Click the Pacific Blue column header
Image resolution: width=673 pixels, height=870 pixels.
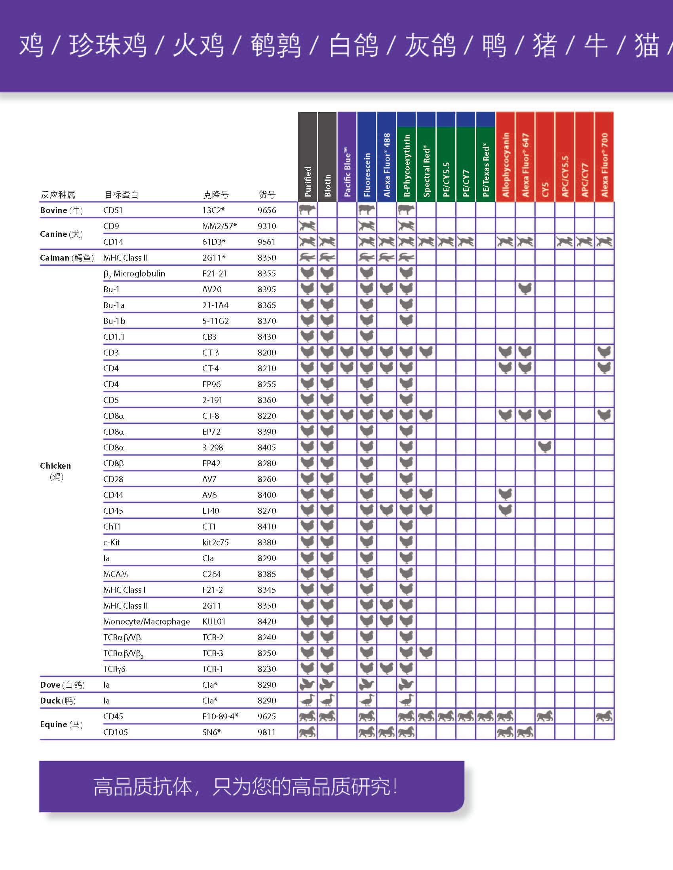(x=347, y=157)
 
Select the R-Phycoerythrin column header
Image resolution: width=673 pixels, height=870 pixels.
(x=406, y=157)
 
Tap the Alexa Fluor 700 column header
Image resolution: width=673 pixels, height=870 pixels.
(x=604, y=157)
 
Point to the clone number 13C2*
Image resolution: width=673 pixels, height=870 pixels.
(x=213, y=210)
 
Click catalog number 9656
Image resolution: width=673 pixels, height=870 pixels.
(x=267, y=210)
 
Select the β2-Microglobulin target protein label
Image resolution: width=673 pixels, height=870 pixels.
(x=133, y=274)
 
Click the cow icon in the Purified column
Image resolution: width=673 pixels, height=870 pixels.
(x=307, y=210)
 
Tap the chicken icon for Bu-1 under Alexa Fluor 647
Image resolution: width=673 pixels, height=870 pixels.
(x=525, y=289)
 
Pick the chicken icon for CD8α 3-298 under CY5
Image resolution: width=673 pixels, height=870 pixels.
(x=545, y=447)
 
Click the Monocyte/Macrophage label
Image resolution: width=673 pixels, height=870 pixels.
(x=146, y=621)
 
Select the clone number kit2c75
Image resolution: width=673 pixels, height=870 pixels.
(x=215, y=542)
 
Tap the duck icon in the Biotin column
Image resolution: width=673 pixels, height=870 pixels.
(x=327, y=700)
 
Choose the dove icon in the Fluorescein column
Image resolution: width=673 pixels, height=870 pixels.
(x=367, y=685)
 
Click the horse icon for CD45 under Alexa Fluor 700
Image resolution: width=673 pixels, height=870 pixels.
(x=604, y=716)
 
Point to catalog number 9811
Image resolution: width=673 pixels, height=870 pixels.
(x=267, y=732)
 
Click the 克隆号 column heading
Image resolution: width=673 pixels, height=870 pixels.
(x=216, y=195)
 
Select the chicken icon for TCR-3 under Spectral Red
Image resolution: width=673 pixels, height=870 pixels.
(x=426, y=652)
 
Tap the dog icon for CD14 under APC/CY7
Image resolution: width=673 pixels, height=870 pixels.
(x=584, y=241)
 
